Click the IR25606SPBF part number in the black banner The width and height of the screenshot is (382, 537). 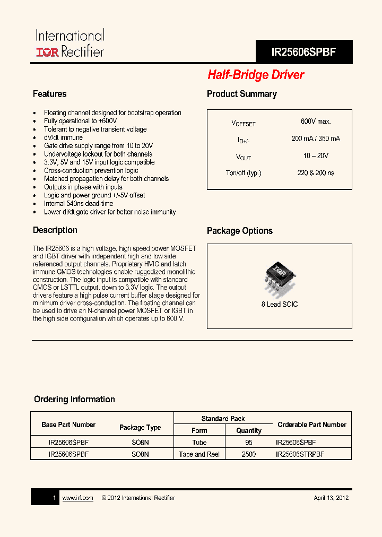[303, 53]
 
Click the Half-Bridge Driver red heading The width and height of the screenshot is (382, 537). [256, 75]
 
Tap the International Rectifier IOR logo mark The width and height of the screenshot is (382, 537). [47, 51]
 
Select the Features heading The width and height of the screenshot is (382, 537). [50, 94]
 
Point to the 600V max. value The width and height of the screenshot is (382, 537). [316, 122]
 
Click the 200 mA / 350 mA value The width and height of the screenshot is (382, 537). [316, 138]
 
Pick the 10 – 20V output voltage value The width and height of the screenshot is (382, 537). [316, 155]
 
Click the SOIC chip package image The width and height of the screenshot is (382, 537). [279, 275]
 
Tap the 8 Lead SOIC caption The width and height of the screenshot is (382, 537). [280, 305]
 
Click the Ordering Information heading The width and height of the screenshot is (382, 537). [74, 399]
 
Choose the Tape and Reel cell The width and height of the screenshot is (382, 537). [199, 455]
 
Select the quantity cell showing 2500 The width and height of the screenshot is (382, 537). [248, 455]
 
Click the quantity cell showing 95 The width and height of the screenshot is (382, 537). [249, 443]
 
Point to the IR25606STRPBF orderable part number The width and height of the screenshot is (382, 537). [300, 455]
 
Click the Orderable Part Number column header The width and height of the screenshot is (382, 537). [312, 425]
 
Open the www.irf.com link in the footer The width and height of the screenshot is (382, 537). [78, 498]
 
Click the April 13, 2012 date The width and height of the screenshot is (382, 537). [331, 498]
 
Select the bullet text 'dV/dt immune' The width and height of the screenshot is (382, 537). [63, 137]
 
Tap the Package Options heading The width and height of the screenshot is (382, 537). [240, 231]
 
